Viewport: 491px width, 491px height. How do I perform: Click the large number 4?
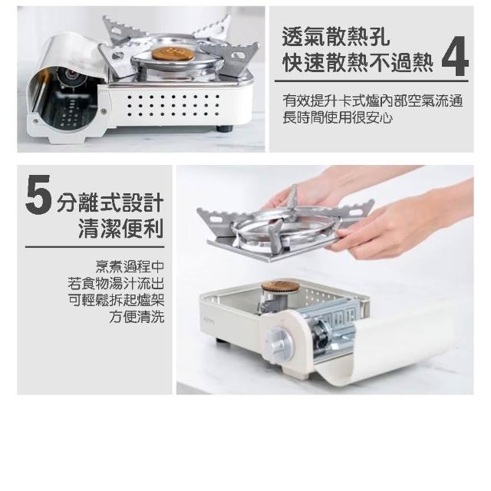(x=455, y=56)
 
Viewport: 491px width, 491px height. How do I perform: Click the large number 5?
(x=38, y=194)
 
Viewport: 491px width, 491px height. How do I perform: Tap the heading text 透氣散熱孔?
(x=336, y=37)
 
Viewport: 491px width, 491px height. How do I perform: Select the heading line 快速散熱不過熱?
(x=358, y=62)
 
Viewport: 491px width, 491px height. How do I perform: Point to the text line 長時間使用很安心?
(x=338, y=117)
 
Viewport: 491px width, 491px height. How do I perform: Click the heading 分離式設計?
(x=110, y=203)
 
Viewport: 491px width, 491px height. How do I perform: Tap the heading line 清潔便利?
(x=121, y=229)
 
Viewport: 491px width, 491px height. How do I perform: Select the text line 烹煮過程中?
(x=130, y=267)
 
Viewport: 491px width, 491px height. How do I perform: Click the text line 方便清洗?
(x=137, y=317)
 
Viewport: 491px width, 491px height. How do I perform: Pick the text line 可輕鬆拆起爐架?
(x=116, y=300)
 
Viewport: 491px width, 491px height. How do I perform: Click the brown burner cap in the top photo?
(x=172, y=54)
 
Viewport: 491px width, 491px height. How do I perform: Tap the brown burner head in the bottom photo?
(x=281, y=286)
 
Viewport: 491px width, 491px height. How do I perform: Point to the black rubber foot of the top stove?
(x=225, y=128)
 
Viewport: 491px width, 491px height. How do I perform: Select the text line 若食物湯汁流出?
(x=116, y=283)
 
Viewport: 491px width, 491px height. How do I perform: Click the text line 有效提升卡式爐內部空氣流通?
(x=373, y=101)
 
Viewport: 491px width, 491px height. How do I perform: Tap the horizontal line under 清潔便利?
(x=94, y=247)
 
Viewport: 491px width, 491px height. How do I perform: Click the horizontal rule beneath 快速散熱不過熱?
(x=371, y=81)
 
